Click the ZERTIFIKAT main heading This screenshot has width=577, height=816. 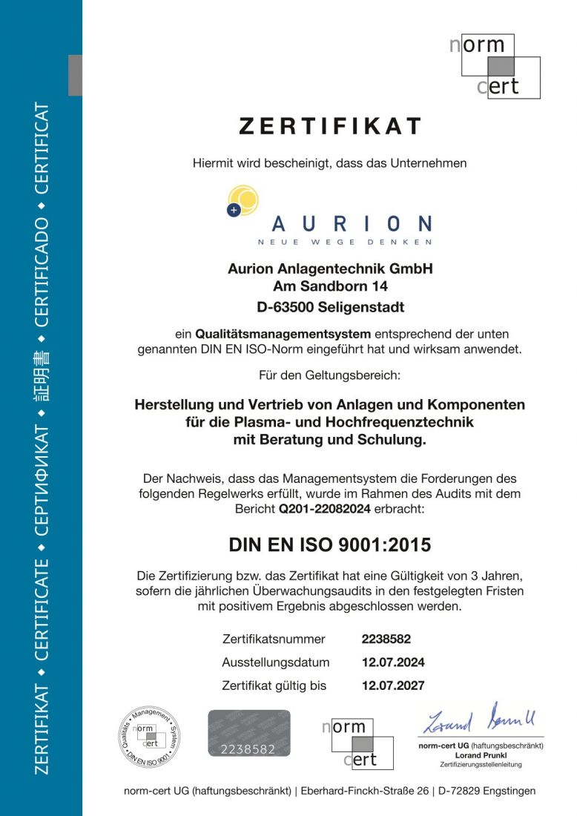(x=330, y=127)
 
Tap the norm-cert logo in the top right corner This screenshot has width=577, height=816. (x=494, y=67)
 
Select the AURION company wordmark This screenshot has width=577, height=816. (x=352, y=223)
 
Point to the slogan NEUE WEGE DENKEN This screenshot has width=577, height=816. (x=344, y=243)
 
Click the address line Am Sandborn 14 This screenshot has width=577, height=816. (x=330, y=286)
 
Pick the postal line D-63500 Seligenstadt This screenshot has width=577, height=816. (x=330, y=306)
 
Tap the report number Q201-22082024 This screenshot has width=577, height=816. (x=325, y=510)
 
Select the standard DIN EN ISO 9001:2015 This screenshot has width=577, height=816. (x=330, y=545)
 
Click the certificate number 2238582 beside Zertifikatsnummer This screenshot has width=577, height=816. (x=386, y=639)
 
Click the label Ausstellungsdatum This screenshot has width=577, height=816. (x=275, y=662)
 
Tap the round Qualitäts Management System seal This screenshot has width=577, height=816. (x=151, y=737)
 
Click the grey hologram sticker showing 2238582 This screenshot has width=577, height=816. (x=248, y=734)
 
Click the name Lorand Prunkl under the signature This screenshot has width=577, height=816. (x=481, y=754)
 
